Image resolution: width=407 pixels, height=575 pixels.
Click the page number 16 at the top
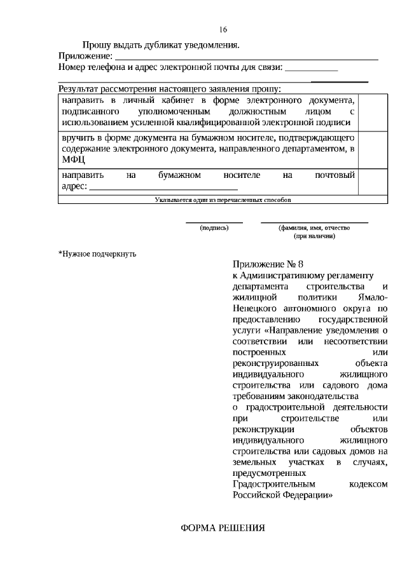tap(223, 29)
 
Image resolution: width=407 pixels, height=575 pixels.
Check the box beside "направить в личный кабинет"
tap(373, 112)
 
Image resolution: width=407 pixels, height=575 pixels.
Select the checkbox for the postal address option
tap(373, 180)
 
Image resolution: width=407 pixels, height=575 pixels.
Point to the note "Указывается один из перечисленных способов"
tap(223, 200)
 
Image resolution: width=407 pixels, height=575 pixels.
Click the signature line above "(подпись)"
tap(214, 222)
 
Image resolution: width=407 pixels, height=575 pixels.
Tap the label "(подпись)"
tap(214, 228)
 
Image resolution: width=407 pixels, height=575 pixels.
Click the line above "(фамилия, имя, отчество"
tap(314, 222)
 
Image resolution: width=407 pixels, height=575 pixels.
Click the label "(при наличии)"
tap(314, 236)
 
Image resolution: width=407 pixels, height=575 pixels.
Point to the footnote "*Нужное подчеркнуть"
tap(97, 254)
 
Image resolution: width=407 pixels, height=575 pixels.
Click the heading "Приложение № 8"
tap(270, 264)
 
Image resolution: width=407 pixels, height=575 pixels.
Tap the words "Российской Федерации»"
tap(283, 496)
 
